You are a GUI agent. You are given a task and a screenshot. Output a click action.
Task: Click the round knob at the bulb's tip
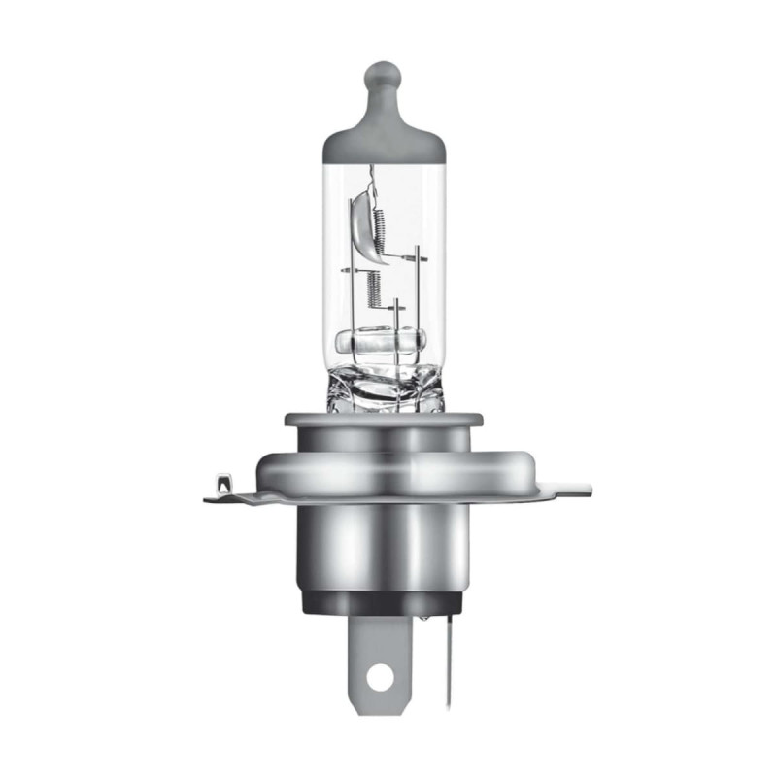[x=383, y=77]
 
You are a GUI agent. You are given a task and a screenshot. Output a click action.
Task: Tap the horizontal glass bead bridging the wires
[x=381, y=341]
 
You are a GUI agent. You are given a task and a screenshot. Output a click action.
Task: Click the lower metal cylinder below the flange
[x=383, y=544]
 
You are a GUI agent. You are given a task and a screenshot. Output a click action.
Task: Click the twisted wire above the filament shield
[x=370, y=180]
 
